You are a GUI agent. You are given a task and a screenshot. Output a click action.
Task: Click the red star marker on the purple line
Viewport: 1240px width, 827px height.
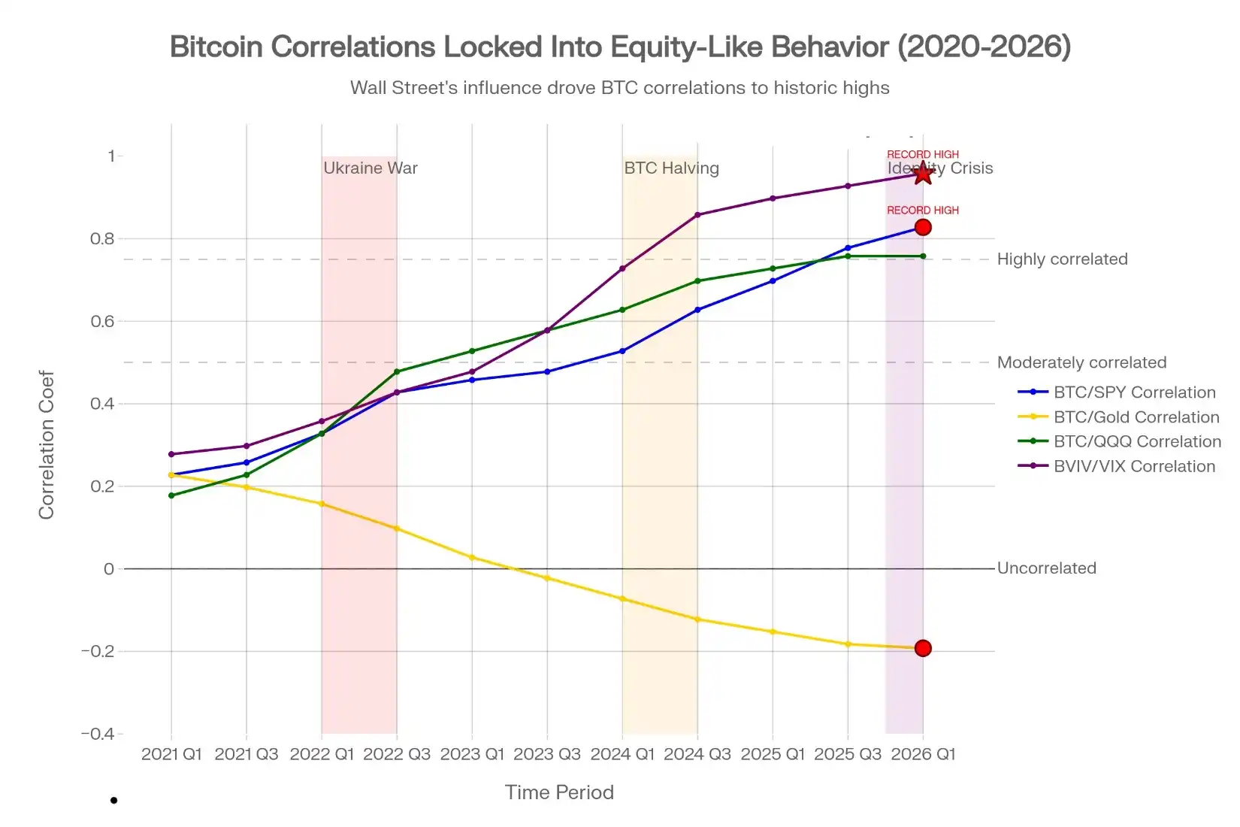point(923,174)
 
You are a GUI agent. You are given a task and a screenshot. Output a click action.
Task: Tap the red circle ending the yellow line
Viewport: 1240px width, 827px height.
point(923,648)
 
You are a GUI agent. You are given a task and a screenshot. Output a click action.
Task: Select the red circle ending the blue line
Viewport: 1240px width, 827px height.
point(923,227)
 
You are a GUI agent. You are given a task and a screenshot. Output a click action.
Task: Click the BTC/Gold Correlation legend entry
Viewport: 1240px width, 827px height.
point(1136,417)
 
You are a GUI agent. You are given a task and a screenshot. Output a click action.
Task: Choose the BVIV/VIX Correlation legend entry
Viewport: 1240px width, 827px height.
point(1133,466)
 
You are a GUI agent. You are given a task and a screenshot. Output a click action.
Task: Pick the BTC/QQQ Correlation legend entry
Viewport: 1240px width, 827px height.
point(1136,442)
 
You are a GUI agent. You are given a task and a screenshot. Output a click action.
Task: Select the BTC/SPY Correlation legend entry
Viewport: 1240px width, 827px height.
point(1133,392)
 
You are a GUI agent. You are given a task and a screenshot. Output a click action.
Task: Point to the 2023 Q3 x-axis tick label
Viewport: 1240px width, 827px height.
point(547,754)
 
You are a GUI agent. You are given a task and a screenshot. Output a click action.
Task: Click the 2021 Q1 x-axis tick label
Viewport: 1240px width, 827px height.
point(171,754)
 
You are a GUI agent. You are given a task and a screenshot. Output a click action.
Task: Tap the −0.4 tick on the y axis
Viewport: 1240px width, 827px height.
point(98,734)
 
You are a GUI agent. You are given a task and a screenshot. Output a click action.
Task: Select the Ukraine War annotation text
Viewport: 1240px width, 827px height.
point(370,168)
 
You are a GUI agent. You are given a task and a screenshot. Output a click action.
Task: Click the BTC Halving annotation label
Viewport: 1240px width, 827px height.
point(671,168)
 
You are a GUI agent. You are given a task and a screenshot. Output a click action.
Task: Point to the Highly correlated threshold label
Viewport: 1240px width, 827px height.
point(1062,259)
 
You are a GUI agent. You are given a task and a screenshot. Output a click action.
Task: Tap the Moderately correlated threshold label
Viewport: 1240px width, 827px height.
point(1081,362)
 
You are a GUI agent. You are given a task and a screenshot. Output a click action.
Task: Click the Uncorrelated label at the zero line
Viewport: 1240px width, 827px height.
point(1046,568)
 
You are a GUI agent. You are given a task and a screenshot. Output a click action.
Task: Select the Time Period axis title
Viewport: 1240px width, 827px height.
point(559,792)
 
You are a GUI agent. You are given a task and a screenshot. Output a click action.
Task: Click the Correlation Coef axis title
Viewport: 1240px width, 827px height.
point(47,444)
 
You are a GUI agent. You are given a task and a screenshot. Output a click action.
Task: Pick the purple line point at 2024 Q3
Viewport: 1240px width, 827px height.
point(697,215)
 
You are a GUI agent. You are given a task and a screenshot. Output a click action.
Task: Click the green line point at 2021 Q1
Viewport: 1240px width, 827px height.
point(171,495)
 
